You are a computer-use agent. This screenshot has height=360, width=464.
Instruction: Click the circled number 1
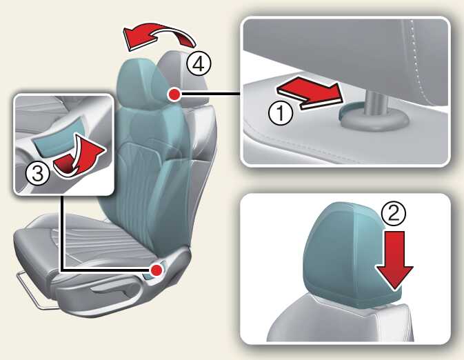click(281, 113)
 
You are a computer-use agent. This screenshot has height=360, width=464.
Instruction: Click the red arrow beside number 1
click(310, 92)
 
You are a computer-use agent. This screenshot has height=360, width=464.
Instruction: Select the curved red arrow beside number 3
click(80, 157)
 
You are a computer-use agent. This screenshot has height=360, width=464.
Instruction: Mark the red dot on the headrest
click(174, 94)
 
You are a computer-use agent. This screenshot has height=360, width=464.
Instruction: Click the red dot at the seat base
click(157, 270)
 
